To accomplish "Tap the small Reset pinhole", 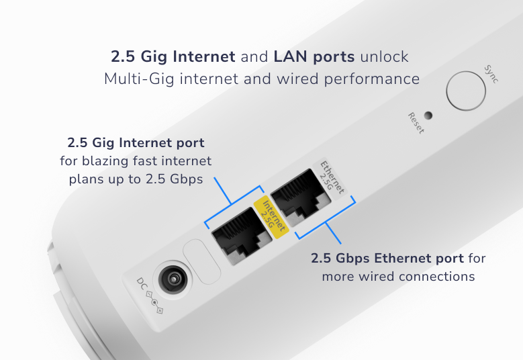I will [x=428, y=115].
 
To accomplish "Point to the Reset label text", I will [x=416, y=123].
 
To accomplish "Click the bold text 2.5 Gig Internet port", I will [x=136, y=143].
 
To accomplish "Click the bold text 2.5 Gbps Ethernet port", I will [x=387, y=259].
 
